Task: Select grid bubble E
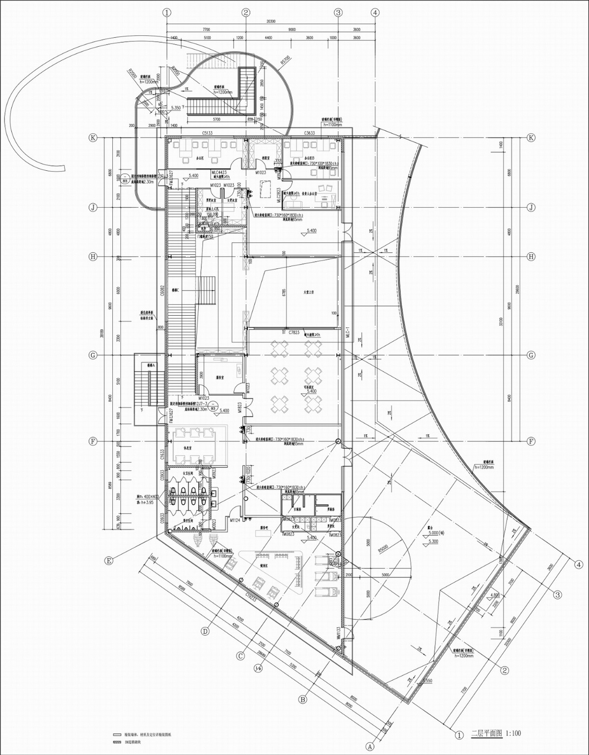point(109,560)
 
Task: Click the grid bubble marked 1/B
point(258,668)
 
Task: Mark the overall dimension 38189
point(102,334)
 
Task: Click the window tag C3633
point(309,133)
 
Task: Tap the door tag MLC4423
point(219,172)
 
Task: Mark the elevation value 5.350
point(175,107)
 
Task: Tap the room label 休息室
point(187,447)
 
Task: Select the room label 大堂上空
point(308,293)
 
